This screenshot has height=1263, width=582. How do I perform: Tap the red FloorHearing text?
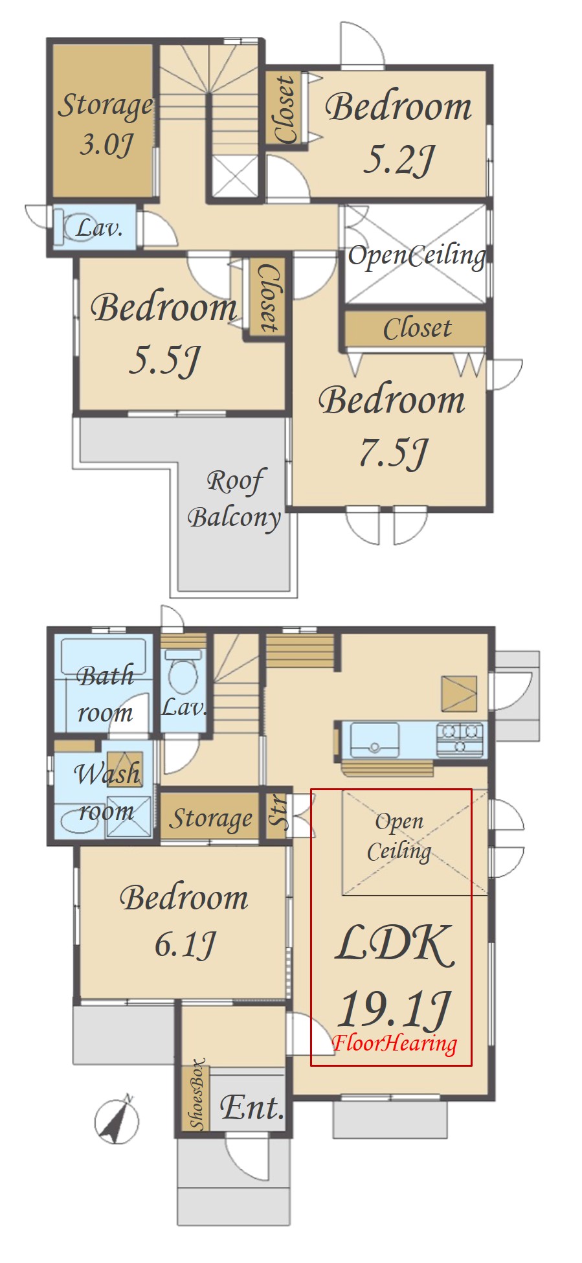coord(395,1043)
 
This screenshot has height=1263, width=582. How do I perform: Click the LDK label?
coord(394,943)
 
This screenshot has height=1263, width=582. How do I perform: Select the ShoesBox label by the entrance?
coord(197,1095)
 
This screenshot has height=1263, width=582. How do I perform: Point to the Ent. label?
coord(252,1108)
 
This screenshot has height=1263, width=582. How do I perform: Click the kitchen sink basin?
coord(374,740)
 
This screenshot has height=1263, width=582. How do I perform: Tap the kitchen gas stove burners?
coord(460,738)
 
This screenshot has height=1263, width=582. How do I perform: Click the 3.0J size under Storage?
coord(107,144)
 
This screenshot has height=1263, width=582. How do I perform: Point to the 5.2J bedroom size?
coord(399,159)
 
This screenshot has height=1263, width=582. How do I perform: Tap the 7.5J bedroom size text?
coord(394,453)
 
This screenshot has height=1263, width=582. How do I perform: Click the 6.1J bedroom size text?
coord(185,944)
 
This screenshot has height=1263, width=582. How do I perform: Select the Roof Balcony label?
coord(234,499)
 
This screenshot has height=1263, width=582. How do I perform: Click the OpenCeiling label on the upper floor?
coord(417,255)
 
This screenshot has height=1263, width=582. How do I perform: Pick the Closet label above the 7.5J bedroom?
coord(417,328)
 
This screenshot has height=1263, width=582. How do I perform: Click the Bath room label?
coord(106,694)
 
